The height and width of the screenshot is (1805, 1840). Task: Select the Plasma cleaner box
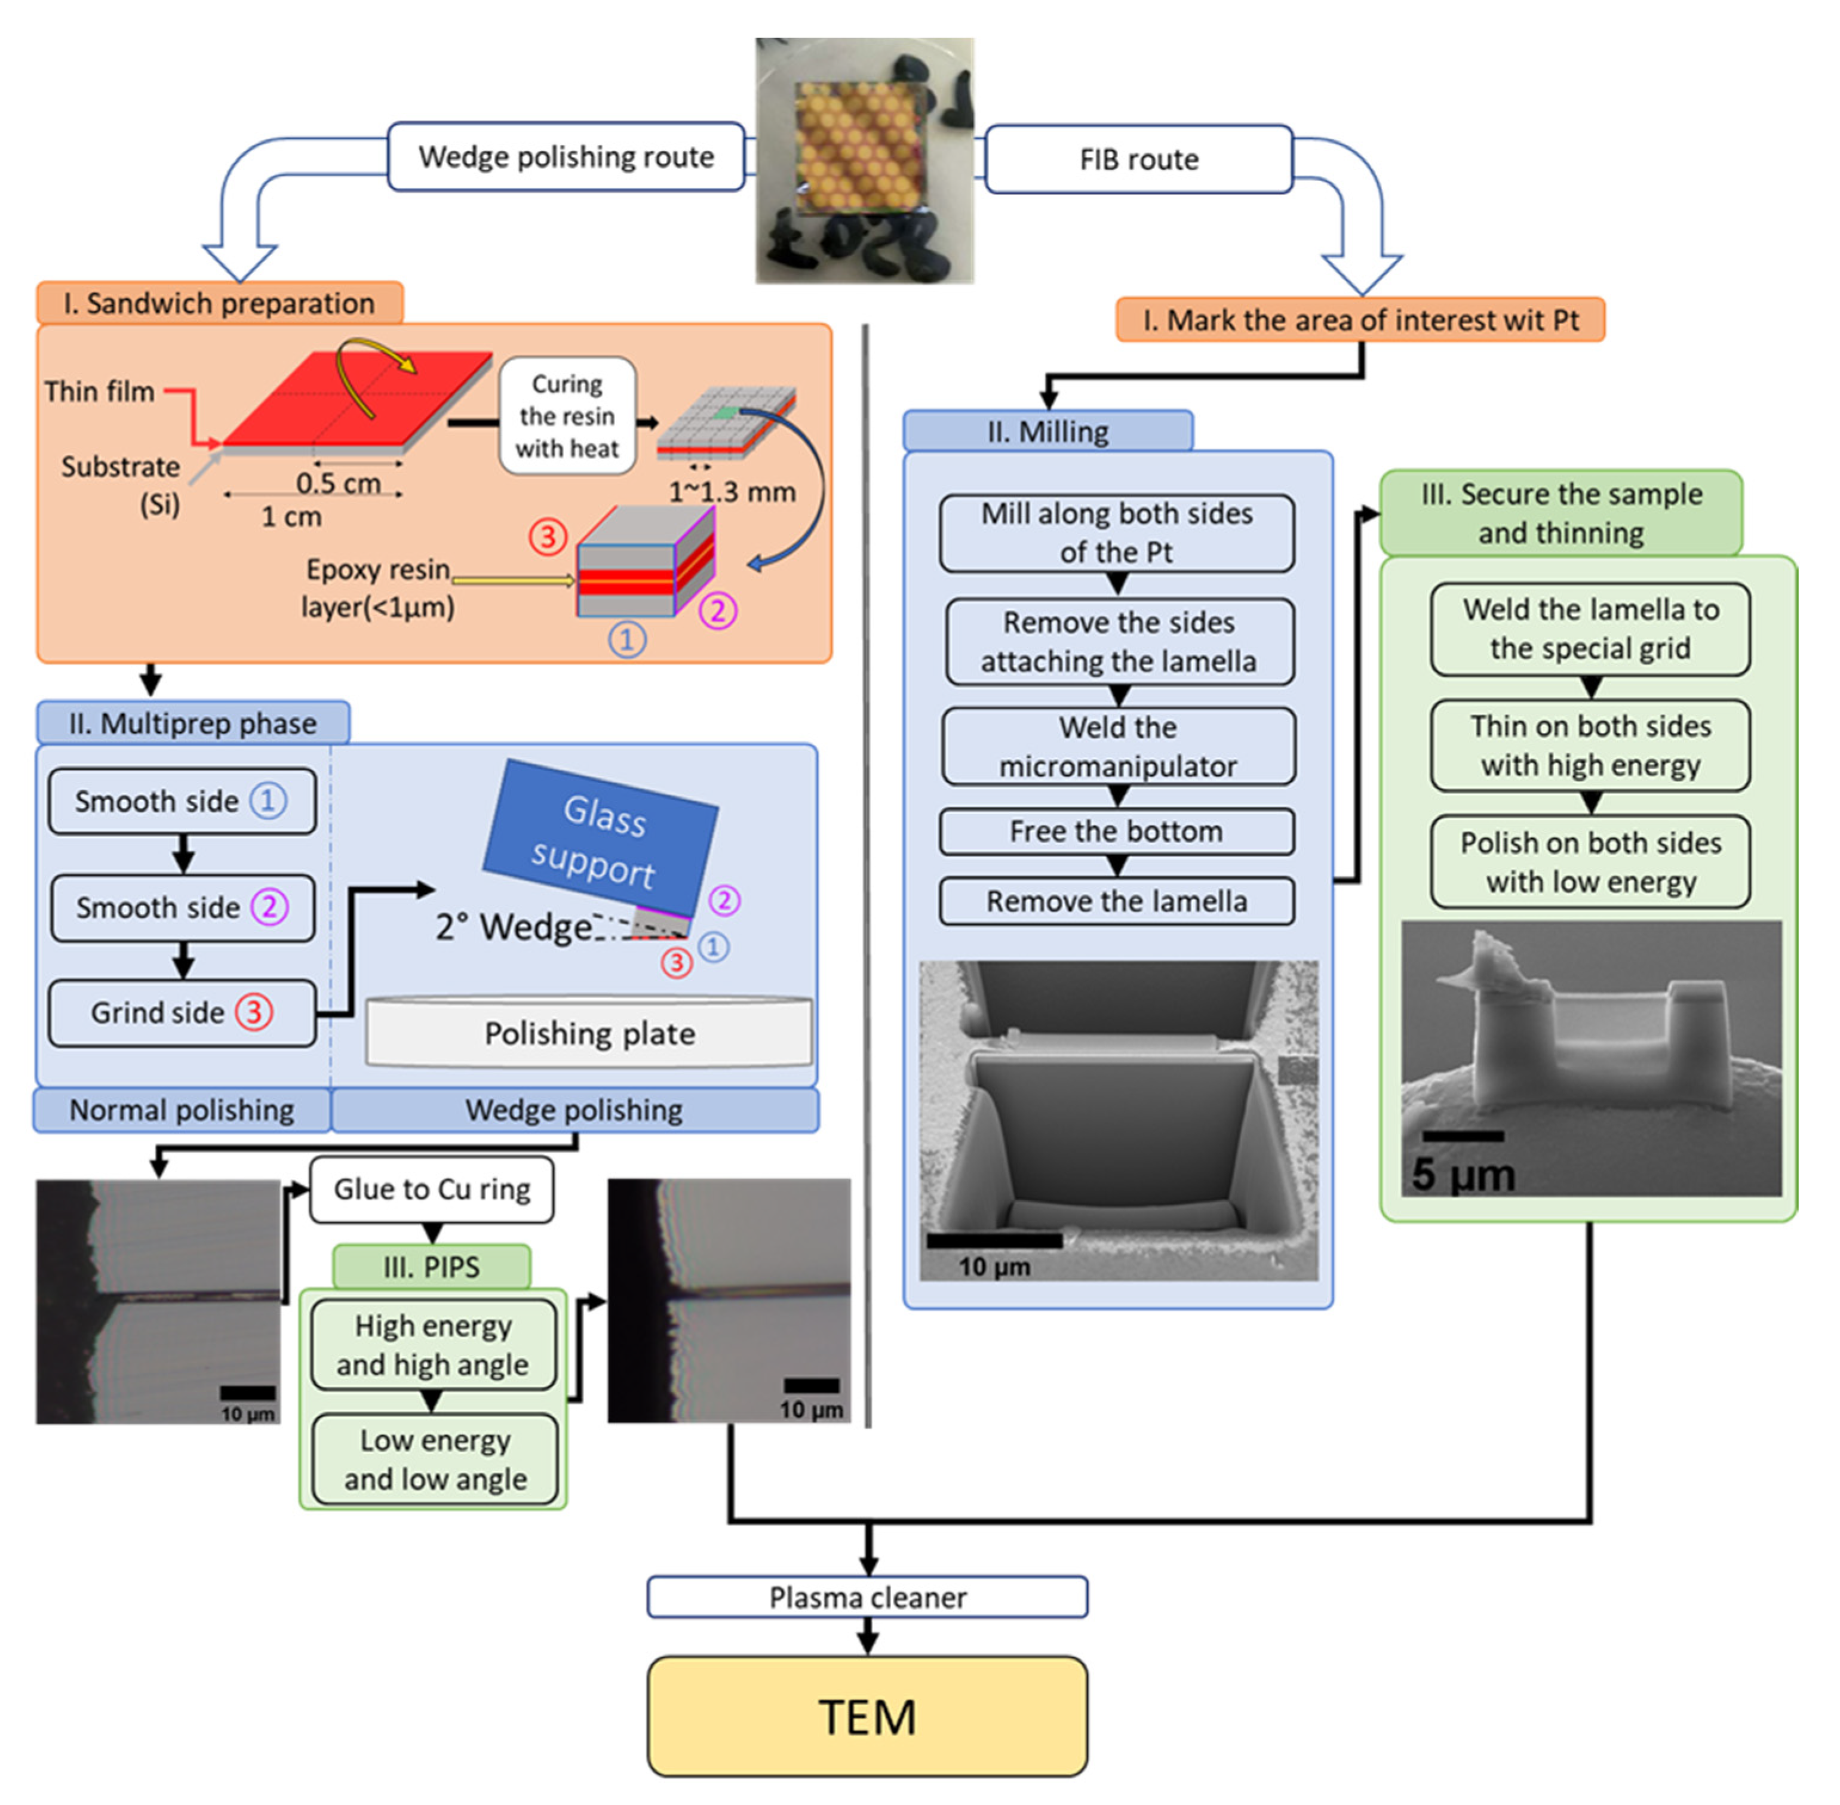867,1597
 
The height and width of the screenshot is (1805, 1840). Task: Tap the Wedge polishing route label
566,156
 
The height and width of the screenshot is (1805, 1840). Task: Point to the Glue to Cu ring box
432,1189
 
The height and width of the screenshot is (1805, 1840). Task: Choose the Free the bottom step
1116,831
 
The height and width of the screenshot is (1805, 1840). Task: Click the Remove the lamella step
1116,901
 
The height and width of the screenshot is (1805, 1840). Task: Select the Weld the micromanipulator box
1118,746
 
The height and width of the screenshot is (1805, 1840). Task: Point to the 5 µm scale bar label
1464,1173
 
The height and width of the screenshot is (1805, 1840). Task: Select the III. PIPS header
432,1267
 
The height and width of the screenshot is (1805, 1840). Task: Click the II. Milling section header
1048,432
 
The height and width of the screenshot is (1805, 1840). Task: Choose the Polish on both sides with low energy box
1590,862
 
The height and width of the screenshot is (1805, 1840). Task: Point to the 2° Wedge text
513,926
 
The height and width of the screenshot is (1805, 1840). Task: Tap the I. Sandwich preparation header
219,303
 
